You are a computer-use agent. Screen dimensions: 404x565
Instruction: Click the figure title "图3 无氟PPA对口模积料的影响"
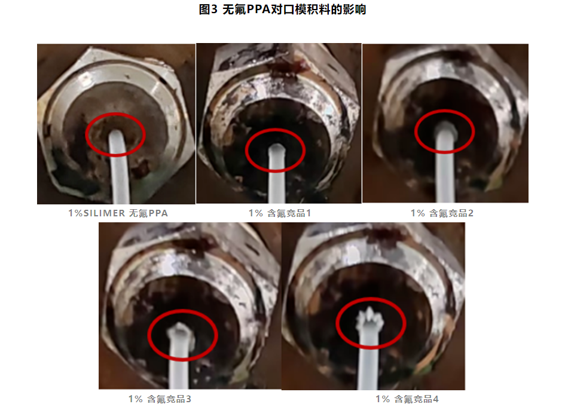282,10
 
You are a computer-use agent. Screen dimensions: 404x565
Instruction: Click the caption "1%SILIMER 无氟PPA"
118,213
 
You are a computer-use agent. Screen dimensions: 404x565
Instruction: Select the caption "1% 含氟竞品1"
280,213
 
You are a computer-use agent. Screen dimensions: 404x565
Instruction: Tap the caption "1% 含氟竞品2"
442,213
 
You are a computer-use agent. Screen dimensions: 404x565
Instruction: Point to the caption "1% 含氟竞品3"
160,399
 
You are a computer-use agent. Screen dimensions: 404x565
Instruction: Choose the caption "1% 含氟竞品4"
407,399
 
